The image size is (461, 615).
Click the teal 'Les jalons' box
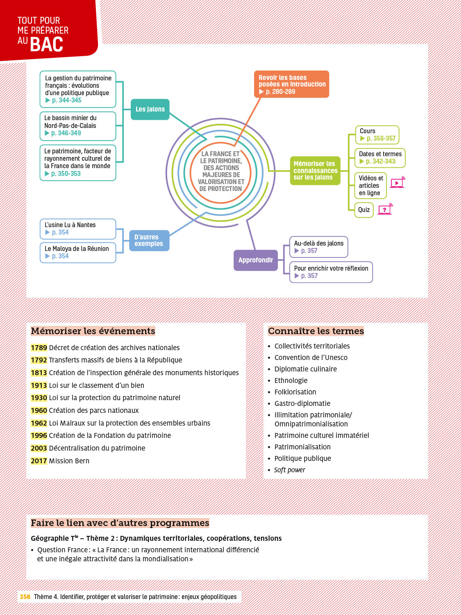[150, 109]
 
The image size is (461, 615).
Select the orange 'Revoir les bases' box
[291, 84]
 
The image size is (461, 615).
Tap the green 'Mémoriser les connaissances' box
[315, 171]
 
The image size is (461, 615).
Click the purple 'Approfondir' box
[256, 260]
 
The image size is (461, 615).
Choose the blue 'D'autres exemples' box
[149, 241]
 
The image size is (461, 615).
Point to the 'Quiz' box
[364, 210]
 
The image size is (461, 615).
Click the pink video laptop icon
[397, 183]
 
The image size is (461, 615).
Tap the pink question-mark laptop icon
[385, 210]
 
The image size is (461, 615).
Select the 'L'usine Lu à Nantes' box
[78, 229]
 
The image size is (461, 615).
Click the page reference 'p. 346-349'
[66, 133]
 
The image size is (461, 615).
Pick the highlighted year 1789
[39, 348]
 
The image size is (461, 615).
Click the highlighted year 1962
[39, 423]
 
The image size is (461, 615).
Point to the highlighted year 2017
[39, 461]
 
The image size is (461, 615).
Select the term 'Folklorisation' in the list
[295, 392]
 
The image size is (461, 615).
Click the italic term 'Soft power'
[289, 470]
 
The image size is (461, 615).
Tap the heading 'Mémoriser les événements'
[93, 331]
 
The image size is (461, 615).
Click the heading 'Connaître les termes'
[316, 331]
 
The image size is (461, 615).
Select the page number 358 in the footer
[25, 597]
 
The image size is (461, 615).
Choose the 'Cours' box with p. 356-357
[377, 135]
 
